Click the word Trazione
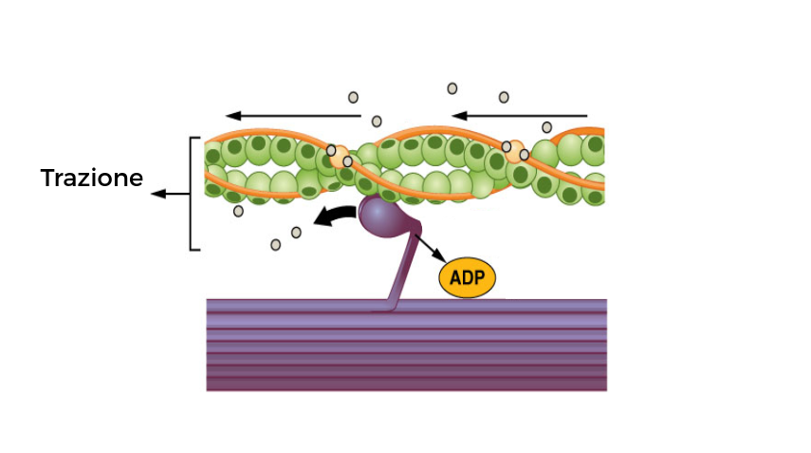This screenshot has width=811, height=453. coord(91,178)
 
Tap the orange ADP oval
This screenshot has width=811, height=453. coord(467,278)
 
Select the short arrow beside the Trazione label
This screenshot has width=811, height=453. coord(169,195)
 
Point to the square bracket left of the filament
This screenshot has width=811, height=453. coord(193,194)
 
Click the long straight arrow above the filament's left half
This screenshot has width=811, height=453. coord(294,116)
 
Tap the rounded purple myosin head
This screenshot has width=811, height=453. coord(380,217)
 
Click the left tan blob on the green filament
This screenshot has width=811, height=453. coord(339,156)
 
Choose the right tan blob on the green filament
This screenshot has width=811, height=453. coord(515,150)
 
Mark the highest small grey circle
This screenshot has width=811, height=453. coord(452,88)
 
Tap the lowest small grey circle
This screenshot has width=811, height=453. coord(276,244)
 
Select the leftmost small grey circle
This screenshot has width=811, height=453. coord(238,211)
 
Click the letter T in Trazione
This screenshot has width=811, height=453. coord(46,178)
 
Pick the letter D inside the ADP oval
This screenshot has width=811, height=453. coord(467,278)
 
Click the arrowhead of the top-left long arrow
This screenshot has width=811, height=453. coord(231,116)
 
